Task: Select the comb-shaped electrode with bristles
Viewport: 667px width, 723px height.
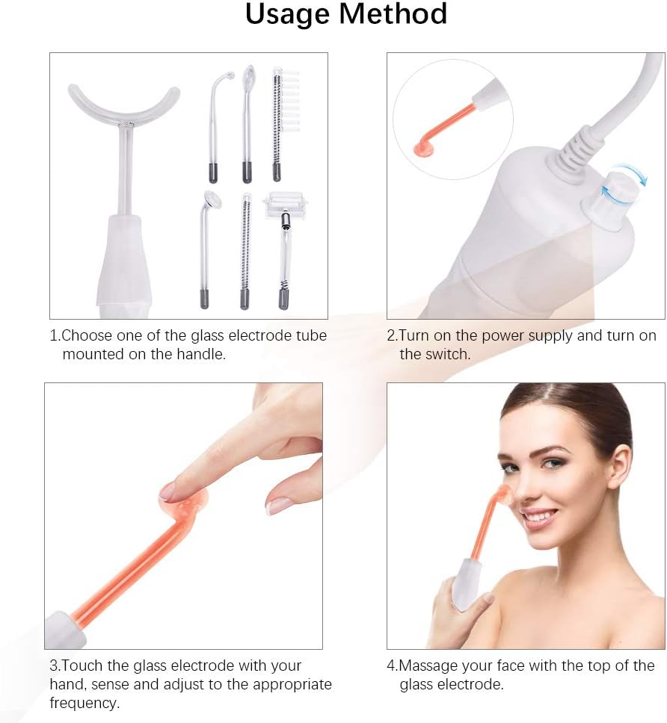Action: (283, 122)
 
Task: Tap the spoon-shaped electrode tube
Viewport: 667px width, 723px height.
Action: (248, 123)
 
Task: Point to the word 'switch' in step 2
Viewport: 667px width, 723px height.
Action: (447, 354)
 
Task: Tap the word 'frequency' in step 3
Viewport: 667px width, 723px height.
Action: (84, 703)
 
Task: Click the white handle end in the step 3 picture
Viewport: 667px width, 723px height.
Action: (65, 630)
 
